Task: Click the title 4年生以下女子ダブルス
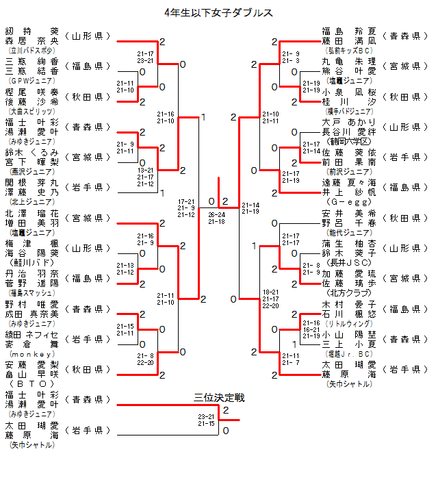[219, 12]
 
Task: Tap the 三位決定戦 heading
[219, 397]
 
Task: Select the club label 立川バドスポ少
[31, 51]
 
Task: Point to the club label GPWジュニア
[31, 80]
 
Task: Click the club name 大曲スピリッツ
[31, 110]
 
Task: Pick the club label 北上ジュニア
[31, 202]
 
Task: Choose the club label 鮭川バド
[31, 262]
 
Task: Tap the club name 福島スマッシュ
[31, 292]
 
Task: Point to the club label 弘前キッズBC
[349, 50]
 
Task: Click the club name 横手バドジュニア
[349, 110]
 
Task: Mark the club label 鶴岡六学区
[349, 141]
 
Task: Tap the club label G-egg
[349, 202]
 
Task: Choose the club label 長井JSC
[349, 262]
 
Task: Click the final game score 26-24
[217, 214]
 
